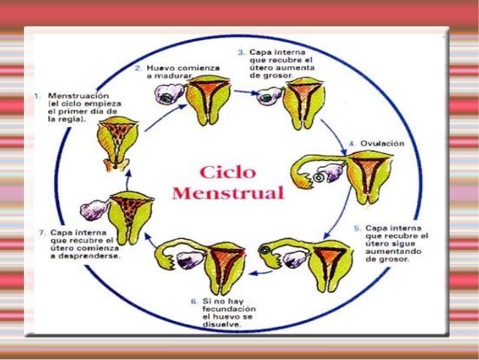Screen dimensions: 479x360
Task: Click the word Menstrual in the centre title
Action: pyautogui.click(x=227, y=192)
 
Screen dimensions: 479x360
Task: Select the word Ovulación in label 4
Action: pyautogui.click(x=383, y=143)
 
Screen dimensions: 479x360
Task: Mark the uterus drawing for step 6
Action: pyautogui.click(x=221, y=262)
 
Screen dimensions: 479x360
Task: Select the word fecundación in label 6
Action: pyautogui.click(x=225, y=310)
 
